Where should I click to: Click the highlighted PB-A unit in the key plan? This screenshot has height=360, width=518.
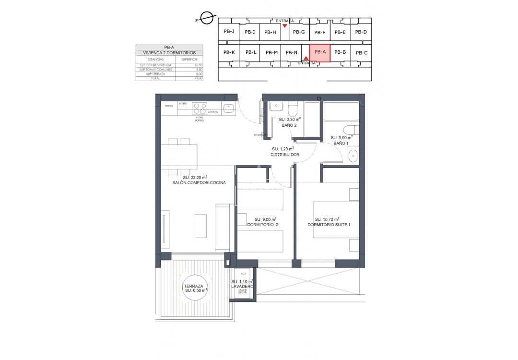(x=320, y=52)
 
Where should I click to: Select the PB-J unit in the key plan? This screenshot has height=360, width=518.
(x=229, y=32)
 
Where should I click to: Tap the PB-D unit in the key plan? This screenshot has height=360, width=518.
(x=362, y=32)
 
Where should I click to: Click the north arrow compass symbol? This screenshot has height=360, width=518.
(x=207, y=18)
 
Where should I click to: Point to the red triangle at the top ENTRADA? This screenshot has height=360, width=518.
(x=285, y=26)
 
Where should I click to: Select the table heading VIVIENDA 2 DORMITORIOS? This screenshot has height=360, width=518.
(x=169, y=52)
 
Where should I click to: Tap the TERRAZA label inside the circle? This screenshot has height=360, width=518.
(x=195, y=285)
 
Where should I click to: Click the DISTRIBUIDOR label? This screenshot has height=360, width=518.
(x=285, y=155)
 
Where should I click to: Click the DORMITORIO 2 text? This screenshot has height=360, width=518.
(x=262, y=224)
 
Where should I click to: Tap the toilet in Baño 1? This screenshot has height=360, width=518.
(x=351, y=130)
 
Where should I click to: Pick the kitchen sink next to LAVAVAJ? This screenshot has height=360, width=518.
(x=229, y=108)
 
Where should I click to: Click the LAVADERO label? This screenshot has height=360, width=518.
(x=242, y=286)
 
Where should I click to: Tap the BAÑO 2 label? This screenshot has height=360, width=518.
(x=289, y=125)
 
